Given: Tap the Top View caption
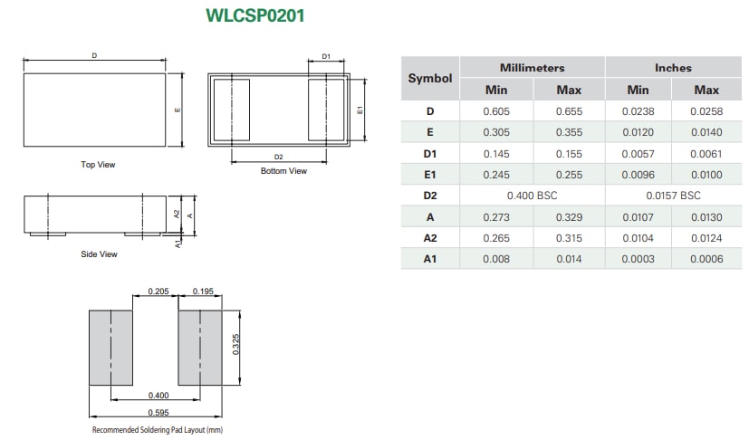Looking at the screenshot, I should (98, 165).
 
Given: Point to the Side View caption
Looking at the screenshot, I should (99, 254).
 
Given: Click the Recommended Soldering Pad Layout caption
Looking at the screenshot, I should (157, 430).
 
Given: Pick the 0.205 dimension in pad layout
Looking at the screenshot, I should (158, 292).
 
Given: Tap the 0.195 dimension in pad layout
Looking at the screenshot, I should (201, 292).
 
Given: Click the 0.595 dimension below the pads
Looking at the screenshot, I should (157, 412).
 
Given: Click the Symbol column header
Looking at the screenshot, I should (429, 79).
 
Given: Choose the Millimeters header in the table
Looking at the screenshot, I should (532, 68).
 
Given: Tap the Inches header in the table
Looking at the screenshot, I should (673, 68).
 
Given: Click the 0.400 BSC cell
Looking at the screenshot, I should (532, 196).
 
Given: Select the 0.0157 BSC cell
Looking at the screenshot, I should (673, 196).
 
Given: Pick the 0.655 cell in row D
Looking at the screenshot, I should (568, 111).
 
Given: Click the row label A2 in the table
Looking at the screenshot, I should (429, 237).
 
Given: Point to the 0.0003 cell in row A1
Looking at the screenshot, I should (638, 259).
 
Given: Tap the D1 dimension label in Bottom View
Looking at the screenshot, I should (327, 56).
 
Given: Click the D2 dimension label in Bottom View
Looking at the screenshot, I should (278, 157).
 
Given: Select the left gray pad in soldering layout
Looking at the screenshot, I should (110, 348).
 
